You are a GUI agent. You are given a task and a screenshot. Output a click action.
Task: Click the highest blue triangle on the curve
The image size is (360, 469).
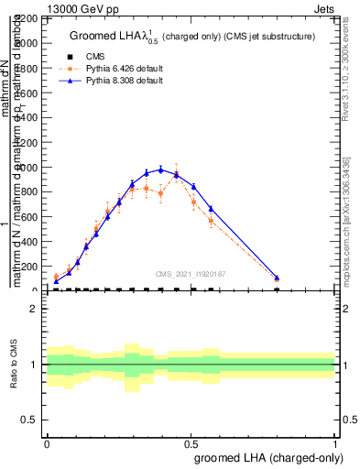161,169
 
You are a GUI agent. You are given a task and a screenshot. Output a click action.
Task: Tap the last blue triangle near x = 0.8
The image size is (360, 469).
277,277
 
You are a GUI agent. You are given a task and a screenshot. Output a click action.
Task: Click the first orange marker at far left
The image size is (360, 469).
56,277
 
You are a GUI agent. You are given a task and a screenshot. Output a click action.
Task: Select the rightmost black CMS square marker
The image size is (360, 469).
277,289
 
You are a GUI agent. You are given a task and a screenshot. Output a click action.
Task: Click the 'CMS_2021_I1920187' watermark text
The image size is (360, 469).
191,273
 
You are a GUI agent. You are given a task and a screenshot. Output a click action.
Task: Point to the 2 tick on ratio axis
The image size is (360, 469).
35,309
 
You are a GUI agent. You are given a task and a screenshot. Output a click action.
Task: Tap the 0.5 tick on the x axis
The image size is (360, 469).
191,442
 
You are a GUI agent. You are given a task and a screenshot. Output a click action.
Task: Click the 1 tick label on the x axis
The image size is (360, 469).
335,442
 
